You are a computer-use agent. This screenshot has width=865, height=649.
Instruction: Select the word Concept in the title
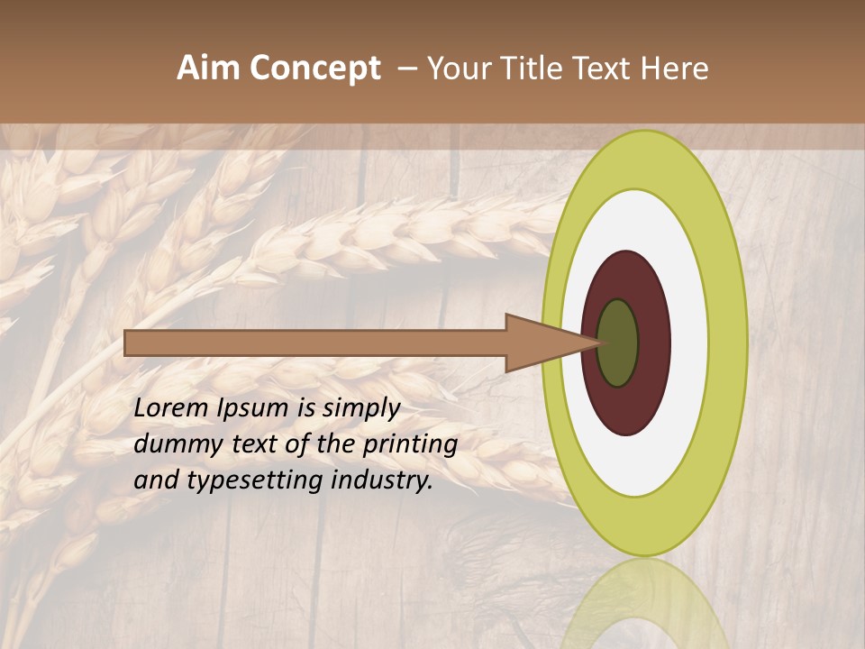pos(315,69)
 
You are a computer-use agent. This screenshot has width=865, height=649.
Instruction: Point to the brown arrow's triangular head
pos(541,343)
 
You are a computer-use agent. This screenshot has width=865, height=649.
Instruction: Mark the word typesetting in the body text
pos(256,480)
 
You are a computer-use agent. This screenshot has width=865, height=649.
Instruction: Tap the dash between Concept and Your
pos(406,69)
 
